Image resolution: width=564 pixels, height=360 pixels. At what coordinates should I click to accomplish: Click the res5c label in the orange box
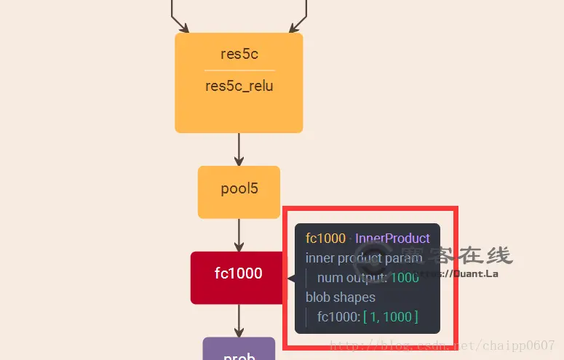point(239,54)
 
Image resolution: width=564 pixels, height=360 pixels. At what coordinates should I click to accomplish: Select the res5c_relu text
point(239,87)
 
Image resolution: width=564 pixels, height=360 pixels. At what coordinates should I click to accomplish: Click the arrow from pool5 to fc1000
point(239,235)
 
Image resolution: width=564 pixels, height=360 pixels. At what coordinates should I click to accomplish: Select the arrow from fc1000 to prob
point(239,321)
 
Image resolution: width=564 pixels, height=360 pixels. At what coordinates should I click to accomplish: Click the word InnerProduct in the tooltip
point(392,239)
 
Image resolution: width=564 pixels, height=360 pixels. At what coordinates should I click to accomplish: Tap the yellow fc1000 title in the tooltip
point(325,239)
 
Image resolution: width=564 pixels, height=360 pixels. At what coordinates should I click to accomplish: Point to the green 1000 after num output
point(405,277)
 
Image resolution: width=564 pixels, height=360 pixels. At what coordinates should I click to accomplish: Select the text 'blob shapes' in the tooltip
point(341,297)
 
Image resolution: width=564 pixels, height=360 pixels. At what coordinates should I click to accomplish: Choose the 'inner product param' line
point(364,258)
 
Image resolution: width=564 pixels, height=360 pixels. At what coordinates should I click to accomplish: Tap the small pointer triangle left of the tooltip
point(291,278)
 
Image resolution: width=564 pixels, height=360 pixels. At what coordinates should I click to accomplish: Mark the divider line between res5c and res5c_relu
point(239,70)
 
